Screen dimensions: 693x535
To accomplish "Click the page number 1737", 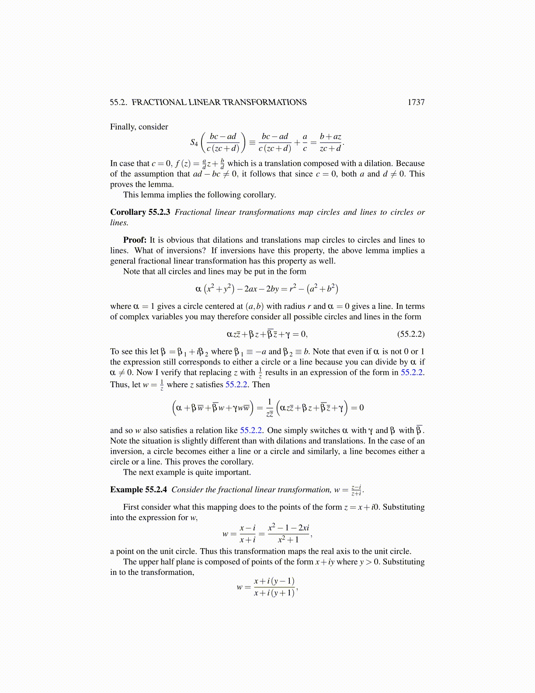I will [416, 102].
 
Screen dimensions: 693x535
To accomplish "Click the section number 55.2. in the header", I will [118, 102].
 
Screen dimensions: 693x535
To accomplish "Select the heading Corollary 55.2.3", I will [140, 212].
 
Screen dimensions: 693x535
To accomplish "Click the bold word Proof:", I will [135, 240].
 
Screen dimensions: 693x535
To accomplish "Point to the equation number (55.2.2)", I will [410, 334].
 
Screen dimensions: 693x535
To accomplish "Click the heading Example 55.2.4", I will [138, 490].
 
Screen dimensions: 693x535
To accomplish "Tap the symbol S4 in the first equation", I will [194, 142].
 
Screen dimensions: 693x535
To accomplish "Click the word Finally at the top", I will [123, 127].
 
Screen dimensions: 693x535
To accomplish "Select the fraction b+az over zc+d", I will [330, 142].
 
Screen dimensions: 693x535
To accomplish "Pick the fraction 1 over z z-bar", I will [270, 408].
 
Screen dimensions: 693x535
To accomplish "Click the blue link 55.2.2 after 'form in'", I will [412, 373].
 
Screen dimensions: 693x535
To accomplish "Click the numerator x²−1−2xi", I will [288, 528].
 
